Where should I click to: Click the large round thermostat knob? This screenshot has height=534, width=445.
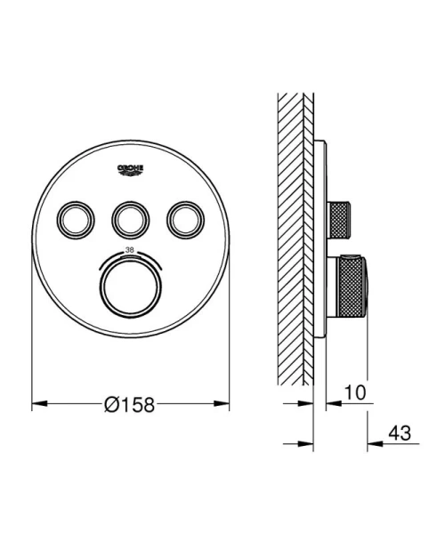[x=130, y=284]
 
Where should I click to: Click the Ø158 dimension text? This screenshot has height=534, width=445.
[x=130, y=404]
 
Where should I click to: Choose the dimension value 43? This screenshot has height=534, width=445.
[x=400, y=433]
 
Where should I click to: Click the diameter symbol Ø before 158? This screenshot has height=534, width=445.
[x=111, y=404]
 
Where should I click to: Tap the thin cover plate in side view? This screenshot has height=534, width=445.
[x=318, y=240]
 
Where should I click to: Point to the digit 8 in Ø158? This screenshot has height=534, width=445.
[x=147, y=404]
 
